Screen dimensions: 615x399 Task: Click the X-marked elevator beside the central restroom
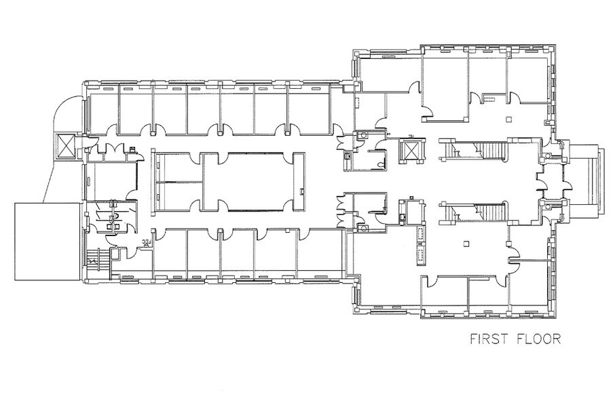pos(411,151)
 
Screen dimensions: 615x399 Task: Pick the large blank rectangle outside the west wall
pos(47,241)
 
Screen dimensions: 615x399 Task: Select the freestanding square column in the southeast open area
pos(466,244)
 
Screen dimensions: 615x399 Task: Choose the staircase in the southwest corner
pos(96,260)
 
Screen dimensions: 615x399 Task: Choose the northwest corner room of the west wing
pos(102,111)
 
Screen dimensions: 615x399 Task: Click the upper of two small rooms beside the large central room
pos(179,168)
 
